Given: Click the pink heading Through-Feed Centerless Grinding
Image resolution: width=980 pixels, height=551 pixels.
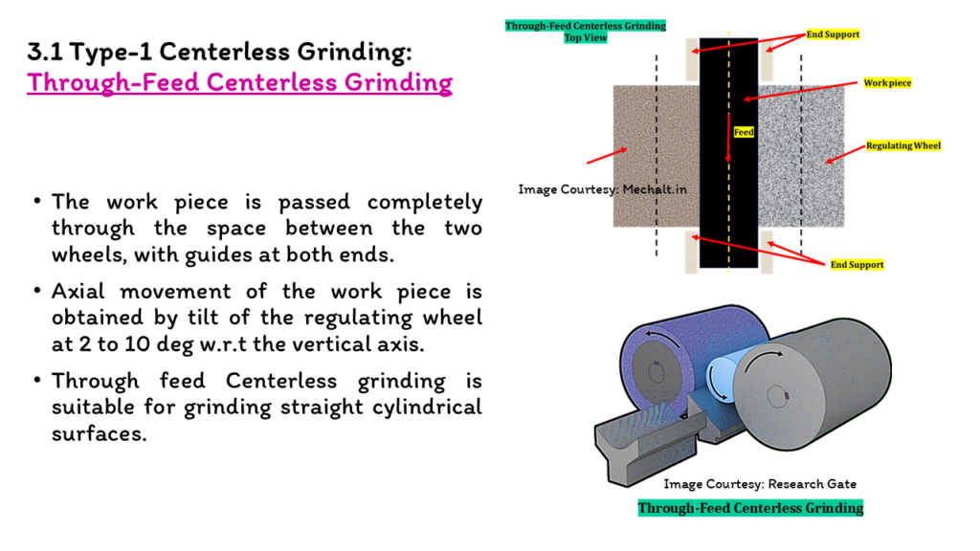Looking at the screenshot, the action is [x=239, y=82].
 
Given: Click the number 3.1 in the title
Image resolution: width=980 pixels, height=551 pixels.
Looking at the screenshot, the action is [x=44, y=52].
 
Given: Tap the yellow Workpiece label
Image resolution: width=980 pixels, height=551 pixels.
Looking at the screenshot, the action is [x=887, y=82].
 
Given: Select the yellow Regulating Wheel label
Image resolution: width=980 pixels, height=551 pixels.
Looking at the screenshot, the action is [x=903, y=145].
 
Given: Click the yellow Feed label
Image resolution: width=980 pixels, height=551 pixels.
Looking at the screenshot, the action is [x=744, y=132].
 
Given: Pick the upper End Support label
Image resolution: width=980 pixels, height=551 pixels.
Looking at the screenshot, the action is [x=833, y=34].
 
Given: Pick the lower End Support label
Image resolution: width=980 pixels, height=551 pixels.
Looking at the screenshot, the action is [x=857, y=264].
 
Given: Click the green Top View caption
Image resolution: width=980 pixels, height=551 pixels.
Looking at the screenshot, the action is [x=586, y=37].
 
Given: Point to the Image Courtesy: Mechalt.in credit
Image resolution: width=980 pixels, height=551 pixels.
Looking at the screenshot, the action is [x=603, y=189].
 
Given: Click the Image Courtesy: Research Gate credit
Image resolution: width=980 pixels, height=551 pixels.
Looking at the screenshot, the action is [x=760, y=484].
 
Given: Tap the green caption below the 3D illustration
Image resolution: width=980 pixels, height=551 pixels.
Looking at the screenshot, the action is [x=750, y=508].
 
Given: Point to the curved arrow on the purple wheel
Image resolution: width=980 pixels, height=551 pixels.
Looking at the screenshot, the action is [x=664, y=338].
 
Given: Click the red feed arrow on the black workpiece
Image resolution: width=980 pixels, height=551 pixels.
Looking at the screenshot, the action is [x=728, y=138].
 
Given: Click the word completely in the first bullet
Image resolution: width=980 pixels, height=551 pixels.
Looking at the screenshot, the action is [x=425, y=203].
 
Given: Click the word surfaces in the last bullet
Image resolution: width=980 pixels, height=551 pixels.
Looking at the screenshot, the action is [x=99, y=433].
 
